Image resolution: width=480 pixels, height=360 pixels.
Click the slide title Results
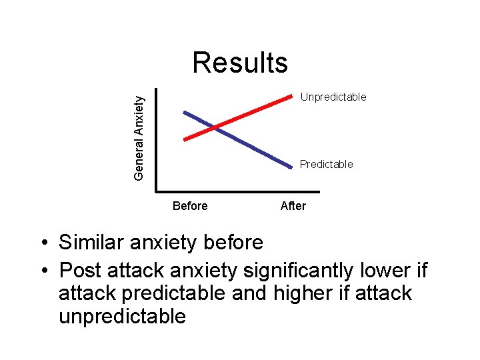[x=240, y=63]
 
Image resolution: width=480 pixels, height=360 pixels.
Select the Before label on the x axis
[x=190, y=206]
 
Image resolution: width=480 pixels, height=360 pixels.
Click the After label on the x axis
[x=293, y=206]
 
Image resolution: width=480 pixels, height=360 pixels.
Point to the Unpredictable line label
[x=333, y=97]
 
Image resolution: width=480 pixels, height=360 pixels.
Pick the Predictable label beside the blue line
[x=326, y=164]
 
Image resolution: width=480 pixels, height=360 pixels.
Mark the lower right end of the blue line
[x=294, y=165]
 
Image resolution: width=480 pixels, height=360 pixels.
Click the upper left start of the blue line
[x=185, y=112]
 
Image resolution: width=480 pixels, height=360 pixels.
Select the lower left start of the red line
[x=185, y=139]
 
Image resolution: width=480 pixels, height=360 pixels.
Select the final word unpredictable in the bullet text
[x=122, y=315]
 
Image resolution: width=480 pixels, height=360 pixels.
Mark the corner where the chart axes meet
[x=156, y=186]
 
